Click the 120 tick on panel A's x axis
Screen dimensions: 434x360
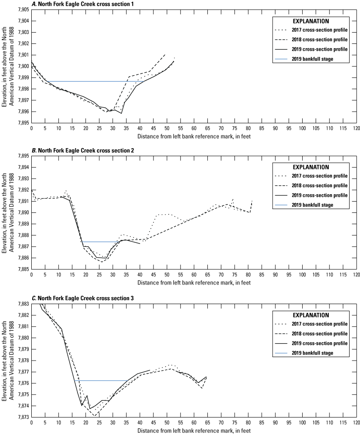point(356,129)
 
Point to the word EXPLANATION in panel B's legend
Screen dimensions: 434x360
point(311,167)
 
